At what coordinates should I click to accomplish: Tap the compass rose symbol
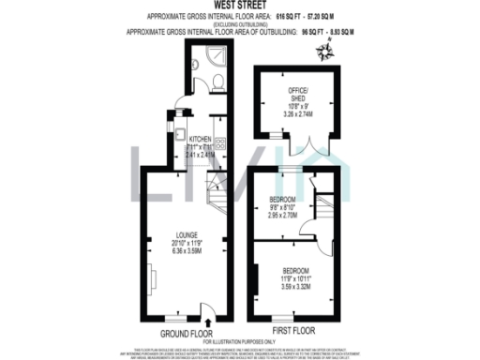[x=326, y=53]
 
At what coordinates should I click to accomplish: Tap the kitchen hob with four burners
[x=221, y=145]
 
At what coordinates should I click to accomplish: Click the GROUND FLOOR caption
[x=184, y=332]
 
